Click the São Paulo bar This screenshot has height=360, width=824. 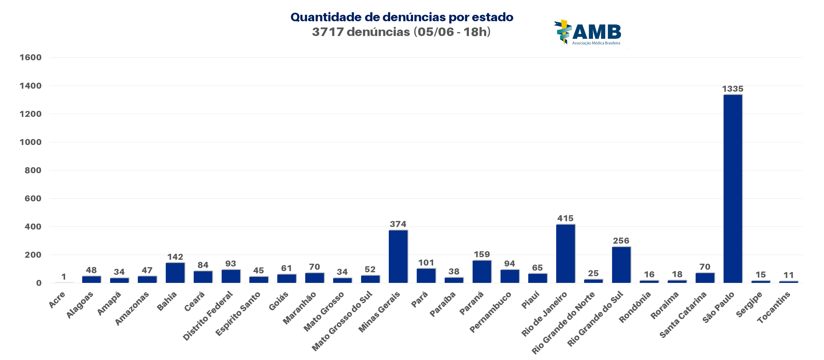point(733,189)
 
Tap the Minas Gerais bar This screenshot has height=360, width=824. point(398,256)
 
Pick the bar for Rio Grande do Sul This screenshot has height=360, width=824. point(621,265)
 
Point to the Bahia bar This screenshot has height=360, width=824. point(175,273)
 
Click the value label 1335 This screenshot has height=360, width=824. point(733,89)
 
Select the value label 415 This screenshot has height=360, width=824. point(565,218)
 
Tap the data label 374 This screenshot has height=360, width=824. point(398,224)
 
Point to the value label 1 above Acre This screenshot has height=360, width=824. point(64,276)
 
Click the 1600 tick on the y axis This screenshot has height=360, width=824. point(30,57)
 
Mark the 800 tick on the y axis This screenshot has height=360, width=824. point(33,170)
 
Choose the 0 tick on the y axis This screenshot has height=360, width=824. point(39,283)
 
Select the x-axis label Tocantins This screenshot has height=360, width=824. point(773,307)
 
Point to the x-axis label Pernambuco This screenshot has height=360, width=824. point(490,312)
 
